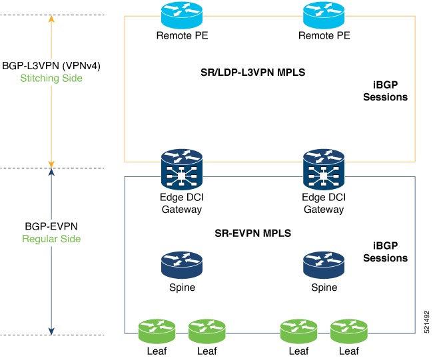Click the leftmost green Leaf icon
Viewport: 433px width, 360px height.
156,330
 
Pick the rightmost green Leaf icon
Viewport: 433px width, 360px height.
349,330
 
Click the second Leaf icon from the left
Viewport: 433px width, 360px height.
207,330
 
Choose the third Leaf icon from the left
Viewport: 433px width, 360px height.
298,330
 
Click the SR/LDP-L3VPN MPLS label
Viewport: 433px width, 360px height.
253,72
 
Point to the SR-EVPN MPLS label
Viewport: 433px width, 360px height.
252,234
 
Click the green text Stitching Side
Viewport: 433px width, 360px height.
52,79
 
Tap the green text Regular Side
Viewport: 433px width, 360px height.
52,238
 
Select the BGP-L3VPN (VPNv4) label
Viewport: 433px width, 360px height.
52,66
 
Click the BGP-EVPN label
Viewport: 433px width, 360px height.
52,226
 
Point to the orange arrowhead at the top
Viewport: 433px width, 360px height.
52,19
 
